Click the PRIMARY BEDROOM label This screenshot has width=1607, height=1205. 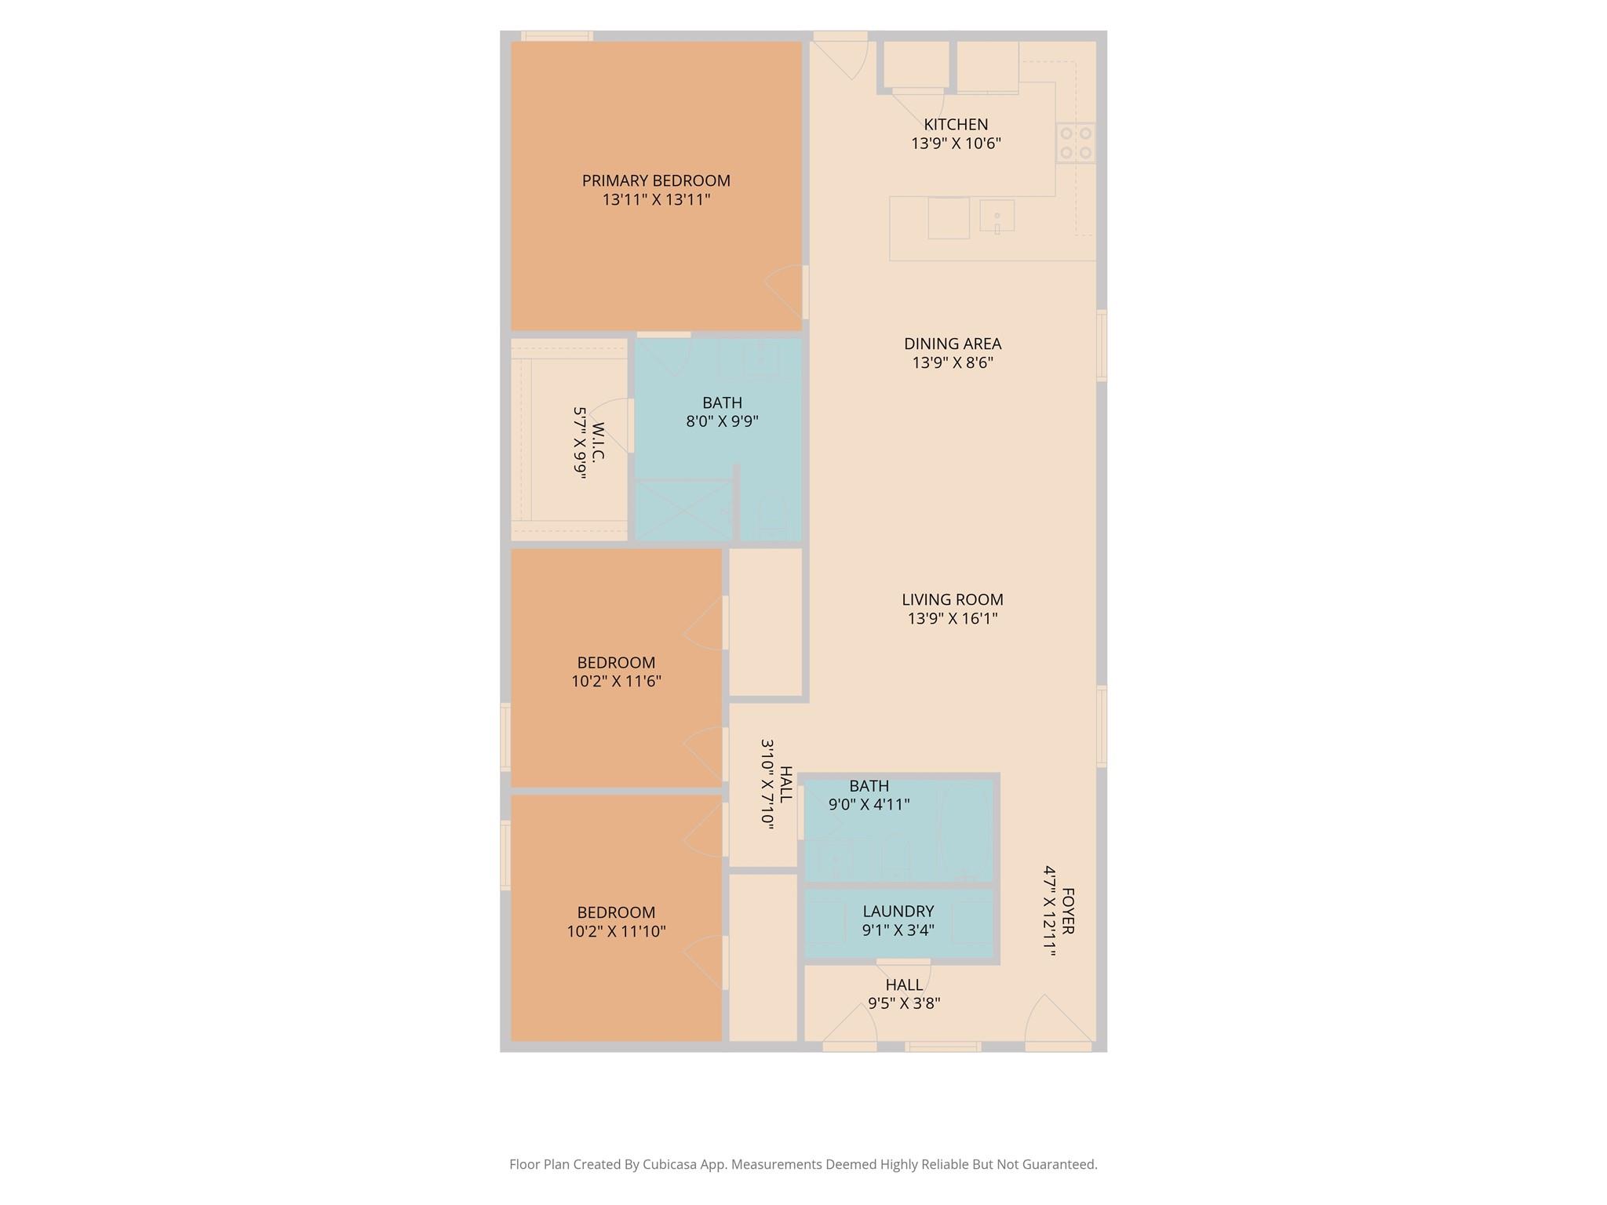pyautogui.click(x=656, y=180)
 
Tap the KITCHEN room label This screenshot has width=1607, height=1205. pyautogui.click(x=956, y=124)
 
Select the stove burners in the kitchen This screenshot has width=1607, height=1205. pyautogui.click(x=1075, y=143)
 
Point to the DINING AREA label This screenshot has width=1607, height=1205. pyautogui.click(x=953, y=344)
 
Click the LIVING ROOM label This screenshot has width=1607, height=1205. pyautogui.click(x=953, y=599)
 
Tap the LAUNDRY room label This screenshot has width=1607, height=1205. pyautogui.click(x=898, y=912)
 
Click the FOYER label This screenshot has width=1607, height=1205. pyautogui.click(x=1067, y=911)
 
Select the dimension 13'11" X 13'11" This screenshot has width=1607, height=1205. pyautogui.click(x=656, y=200)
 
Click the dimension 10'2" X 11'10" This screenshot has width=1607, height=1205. pyautogui.click(x=616, y=932)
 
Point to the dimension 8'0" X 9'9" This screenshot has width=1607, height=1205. pyautogui.click(x=722, y=421)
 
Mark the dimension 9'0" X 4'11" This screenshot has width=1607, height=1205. pyautogui.click(x=869, y=805)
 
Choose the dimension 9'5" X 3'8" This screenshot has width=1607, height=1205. pyautogui.click(x=904, y=1003)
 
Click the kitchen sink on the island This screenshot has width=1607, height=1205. pyautogui.click(x=997, y=216)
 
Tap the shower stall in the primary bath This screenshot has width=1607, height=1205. pyautogui.click(x=683, y=511)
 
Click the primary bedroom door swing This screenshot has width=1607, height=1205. pyautogui.click(x=785, y=291)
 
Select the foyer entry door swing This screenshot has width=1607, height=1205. pyautogui.click(x=1055, y=1020)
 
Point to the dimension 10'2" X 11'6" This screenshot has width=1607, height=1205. pyautogui.click(x=616, y=682)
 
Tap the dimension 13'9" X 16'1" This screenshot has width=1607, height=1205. pyautogui.click(x=953, y=619)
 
